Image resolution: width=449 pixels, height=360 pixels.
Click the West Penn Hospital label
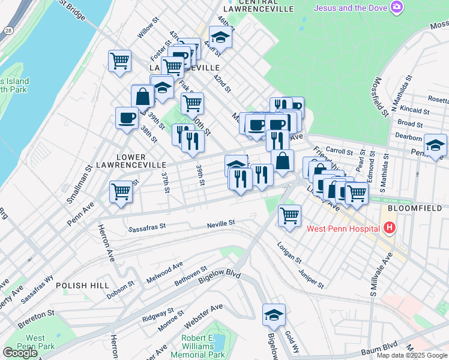tap(343, 228)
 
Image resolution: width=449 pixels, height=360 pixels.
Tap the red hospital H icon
tap(390, 228)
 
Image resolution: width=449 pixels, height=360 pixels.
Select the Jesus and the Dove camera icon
tap(397, 7)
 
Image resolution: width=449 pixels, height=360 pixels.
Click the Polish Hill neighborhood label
tap(83, 286)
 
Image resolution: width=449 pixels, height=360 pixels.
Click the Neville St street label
tap(221, 223)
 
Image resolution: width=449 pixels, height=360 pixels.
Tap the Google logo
tap(20, 352)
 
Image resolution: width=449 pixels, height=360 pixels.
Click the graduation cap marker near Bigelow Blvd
tap(274, 314)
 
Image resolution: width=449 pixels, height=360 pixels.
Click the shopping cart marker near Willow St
tap(119, 61)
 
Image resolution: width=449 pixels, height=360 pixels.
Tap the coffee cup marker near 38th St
tap(126, 118)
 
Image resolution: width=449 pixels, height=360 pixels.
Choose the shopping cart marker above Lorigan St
tap(289, 214)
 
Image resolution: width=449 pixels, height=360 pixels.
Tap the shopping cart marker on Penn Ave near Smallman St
tap(121, 192)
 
